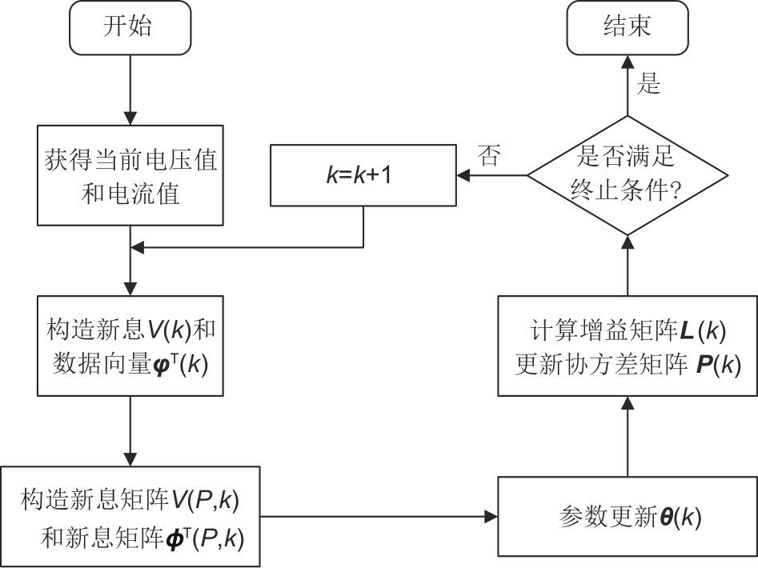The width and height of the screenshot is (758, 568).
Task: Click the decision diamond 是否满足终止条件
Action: (x=628, y=174)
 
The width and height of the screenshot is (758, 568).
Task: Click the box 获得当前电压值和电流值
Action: (x=129, y=174)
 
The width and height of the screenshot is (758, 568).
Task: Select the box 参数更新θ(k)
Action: (x=628, y=517)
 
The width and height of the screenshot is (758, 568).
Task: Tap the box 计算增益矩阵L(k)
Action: (x=628, y=345)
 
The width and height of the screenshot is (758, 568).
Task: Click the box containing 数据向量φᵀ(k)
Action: (x=129, y=345)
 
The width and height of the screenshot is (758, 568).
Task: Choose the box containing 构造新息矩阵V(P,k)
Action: (x=129, y=517)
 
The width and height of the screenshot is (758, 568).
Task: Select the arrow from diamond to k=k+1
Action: (x=491, y=174)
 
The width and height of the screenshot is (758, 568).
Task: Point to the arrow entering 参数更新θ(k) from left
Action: (x=376, y=517)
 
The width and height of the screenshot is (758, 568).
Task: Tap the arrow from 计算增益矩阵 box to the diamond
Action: (x=628, y=264)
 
